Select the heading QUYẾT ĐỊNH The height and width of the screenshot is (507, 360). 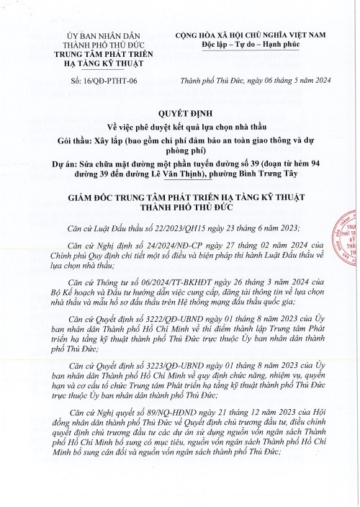coord(179,114)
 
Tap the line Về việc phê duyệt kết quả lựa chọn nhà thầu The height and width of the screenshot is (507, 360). coord(179,127)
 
